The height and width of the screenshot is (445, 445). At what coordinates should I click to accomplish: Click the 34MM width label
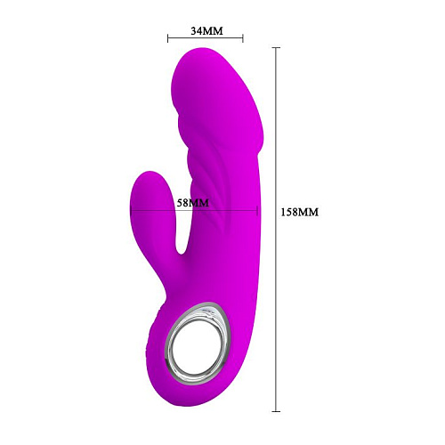[x=206, y=30]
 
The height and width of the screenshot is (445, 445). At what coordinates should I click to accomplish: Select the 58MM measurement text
[x=192, y=203]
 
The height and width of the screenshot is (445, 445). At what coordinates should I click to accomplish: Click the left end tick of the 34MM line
[x=168, y=38]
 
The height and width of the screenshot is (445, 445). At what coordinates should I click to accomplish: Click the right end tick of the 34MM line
[x=244, y=38]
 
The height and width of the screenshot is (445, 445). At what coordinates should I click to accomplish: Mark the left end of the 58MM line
[x=131, y=211]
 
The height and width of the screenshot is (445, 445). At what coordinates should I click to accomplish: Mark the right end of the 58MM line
[x=258, y=211]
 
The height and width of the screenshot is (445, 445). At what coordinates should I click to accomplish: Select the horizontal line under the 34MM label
[x=206, y=38]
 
